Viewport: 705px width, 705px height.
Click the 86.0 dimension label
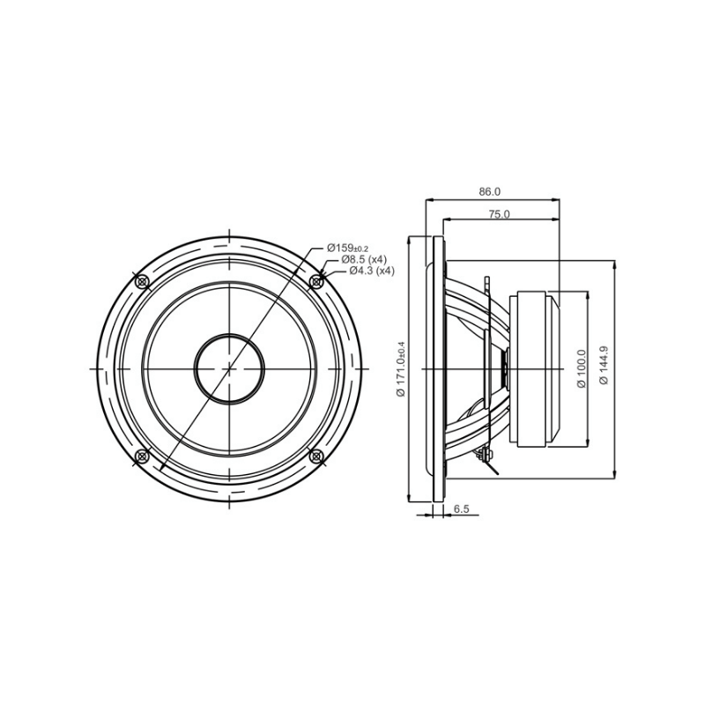tap(489, 191)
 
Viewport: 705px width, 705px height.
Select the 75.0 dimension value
tap(500, 214)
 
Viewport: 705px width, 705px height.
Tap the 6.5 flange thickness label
tap(461, 509)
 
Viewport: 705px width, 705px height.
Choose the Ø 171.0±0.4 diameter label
tap(401, 368)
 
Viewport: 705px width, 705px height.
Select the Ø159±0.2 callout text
tap(349, 248)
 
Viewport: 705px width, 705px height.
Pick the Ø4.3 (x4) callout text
tap(371, 271)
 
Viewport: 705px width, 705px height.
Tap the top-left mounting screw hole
tap(142, 281)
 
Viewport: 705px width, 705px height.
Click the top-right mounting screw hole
tap(316, 281)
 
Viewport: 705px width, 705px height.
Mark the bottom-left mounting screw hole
tap(142, 456)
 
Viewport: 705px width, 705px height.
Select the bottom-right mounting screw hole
tap(316, 456)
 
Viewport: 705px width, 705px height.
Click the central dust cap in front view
tap(229, 367)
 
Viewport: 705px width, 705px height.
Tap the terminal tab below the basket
tap(485, 456)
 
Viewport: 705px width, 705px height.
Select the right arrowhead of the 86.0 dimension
tap(558, 200)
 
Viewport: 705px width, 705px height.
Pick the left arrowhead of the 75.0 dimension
tap(443, 220)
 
